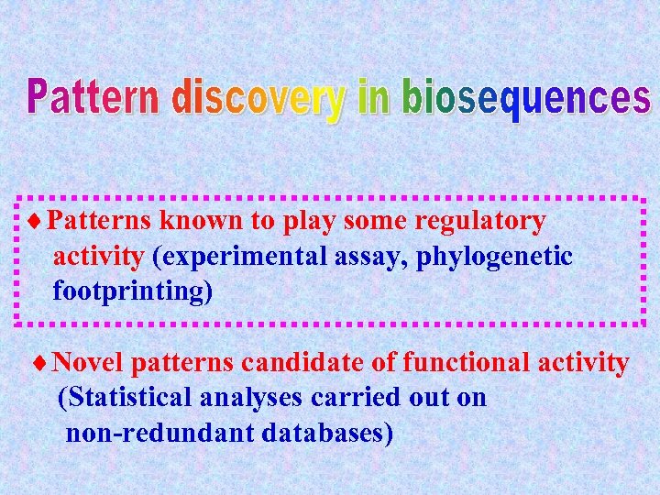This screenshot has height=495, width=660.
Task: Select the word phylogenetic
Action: (495, 257)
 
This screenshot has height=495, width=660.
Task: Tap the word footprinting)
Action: (132, 291)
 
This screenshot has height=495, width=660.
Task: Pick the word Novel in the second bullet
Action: (89, 364)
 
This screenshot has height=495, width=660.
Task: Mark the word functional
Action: (445, 364)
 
